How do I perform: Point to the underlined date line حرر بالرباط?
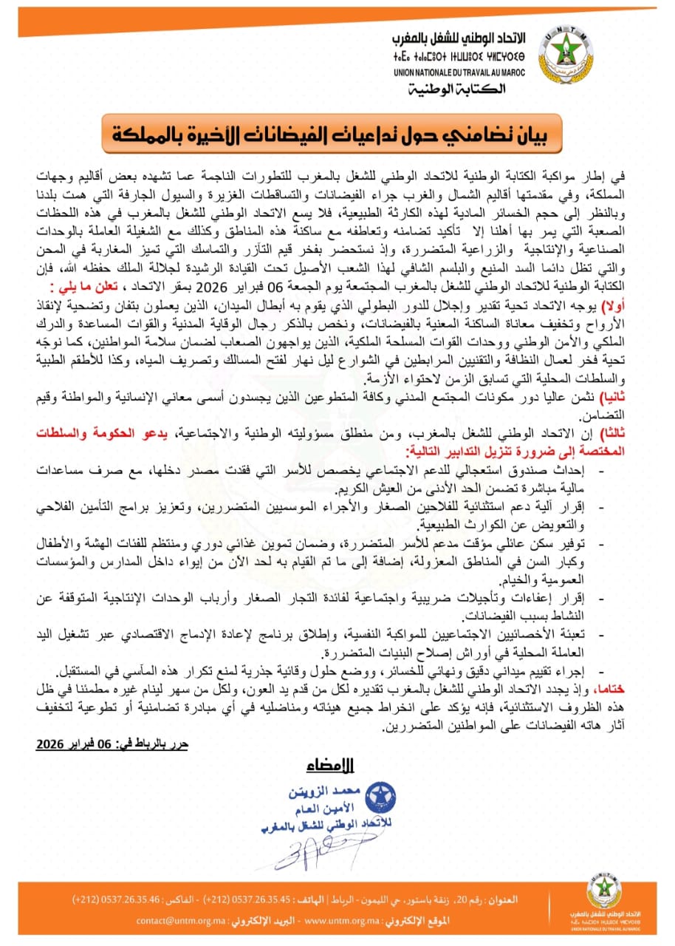click(112, 743)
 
